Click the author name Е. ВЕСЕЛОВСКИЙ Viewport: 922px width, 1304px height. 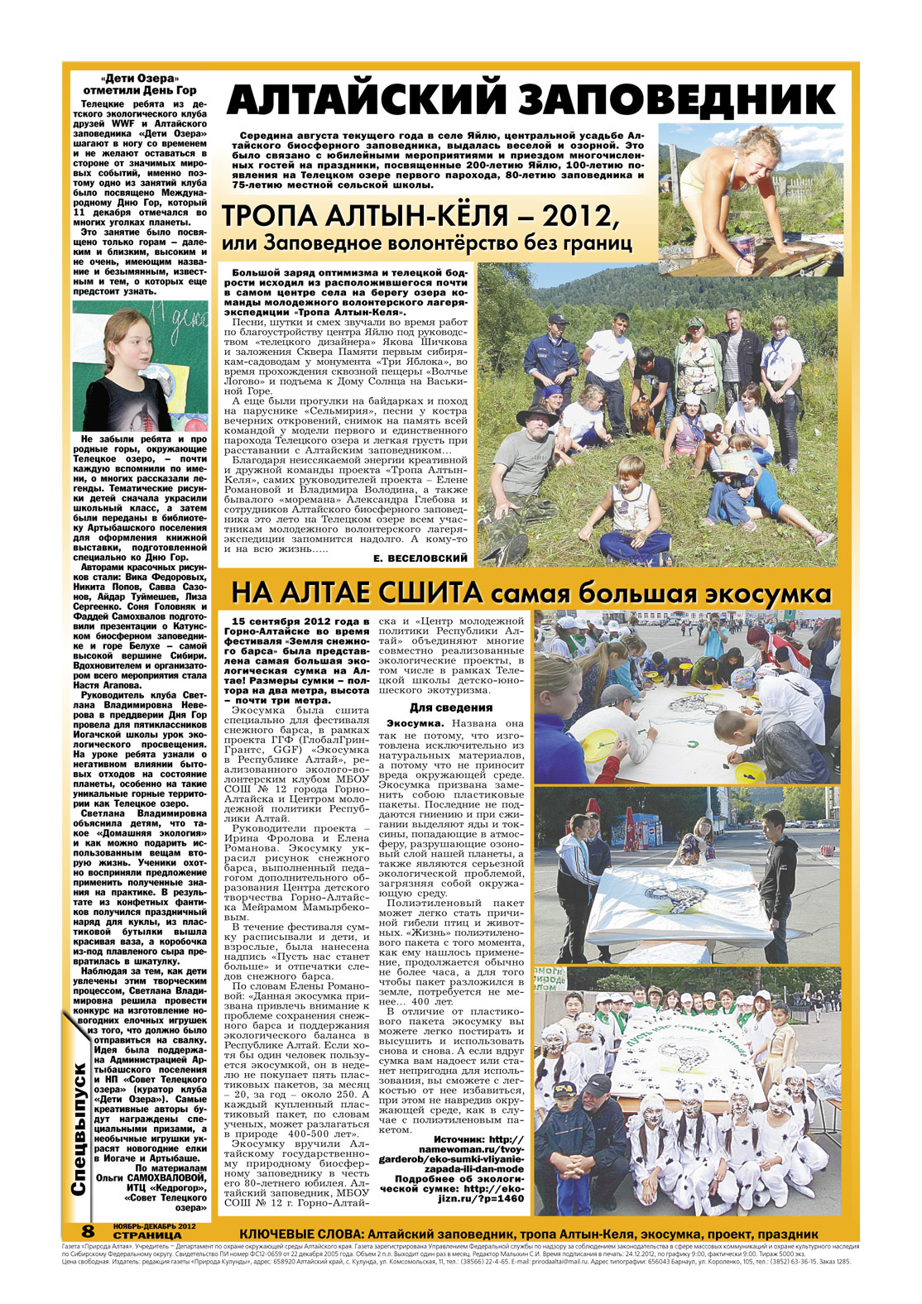tap(420, 559)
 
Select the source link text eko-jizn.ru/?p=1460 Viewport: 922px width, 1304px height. tap(488, 1198)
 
